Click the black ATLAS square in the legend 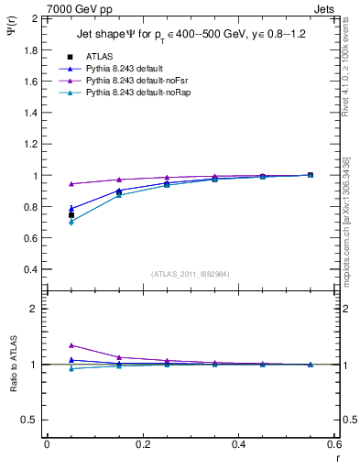[x=71, y=57]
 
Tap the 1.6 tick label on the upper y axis [x=31, y=82]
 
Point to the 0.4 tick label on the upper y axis [x=31, y=270]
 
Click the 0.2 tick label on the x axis [x=142, y=443]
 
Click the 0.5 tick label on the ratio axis [x=31, y=420]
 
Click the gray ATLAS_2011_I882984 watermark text [x=190, y=273]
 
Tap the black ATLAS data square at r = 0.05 [x=71, y=215]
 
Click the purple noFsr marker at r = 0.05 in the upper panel [x=71, y=184]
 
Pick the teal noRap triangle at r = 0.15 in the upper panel [x=119, y=195]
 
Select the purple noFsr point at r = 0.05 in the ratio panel [x=71, y=345]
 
